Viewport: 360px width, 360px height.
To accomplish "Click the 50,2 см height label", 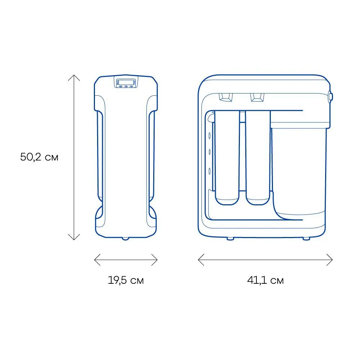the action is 39,157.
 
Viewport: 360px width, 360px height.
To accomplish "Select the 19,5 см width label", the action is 126,280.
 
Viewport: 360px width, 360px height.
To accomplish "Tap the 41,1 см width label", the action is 265,280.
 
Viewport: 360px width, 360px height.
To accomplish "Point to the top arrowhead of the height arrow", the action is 74,75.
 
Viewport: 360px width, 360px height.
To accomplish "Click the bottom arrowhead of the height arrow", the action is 74,240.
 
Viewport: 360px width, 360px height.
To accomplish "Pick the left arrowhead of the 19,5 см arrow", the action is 95,260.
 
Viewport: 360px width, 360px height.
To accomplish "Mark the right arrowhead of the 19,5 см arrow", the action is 157,260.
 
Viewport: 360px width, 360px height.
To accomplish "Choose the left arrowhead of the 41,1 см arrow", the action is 199,260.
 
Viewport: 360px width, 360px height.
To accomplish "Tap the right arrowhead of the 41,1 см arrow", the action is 332,260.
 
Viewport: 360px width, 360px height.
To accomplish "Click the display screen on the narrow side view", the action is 126,82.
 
